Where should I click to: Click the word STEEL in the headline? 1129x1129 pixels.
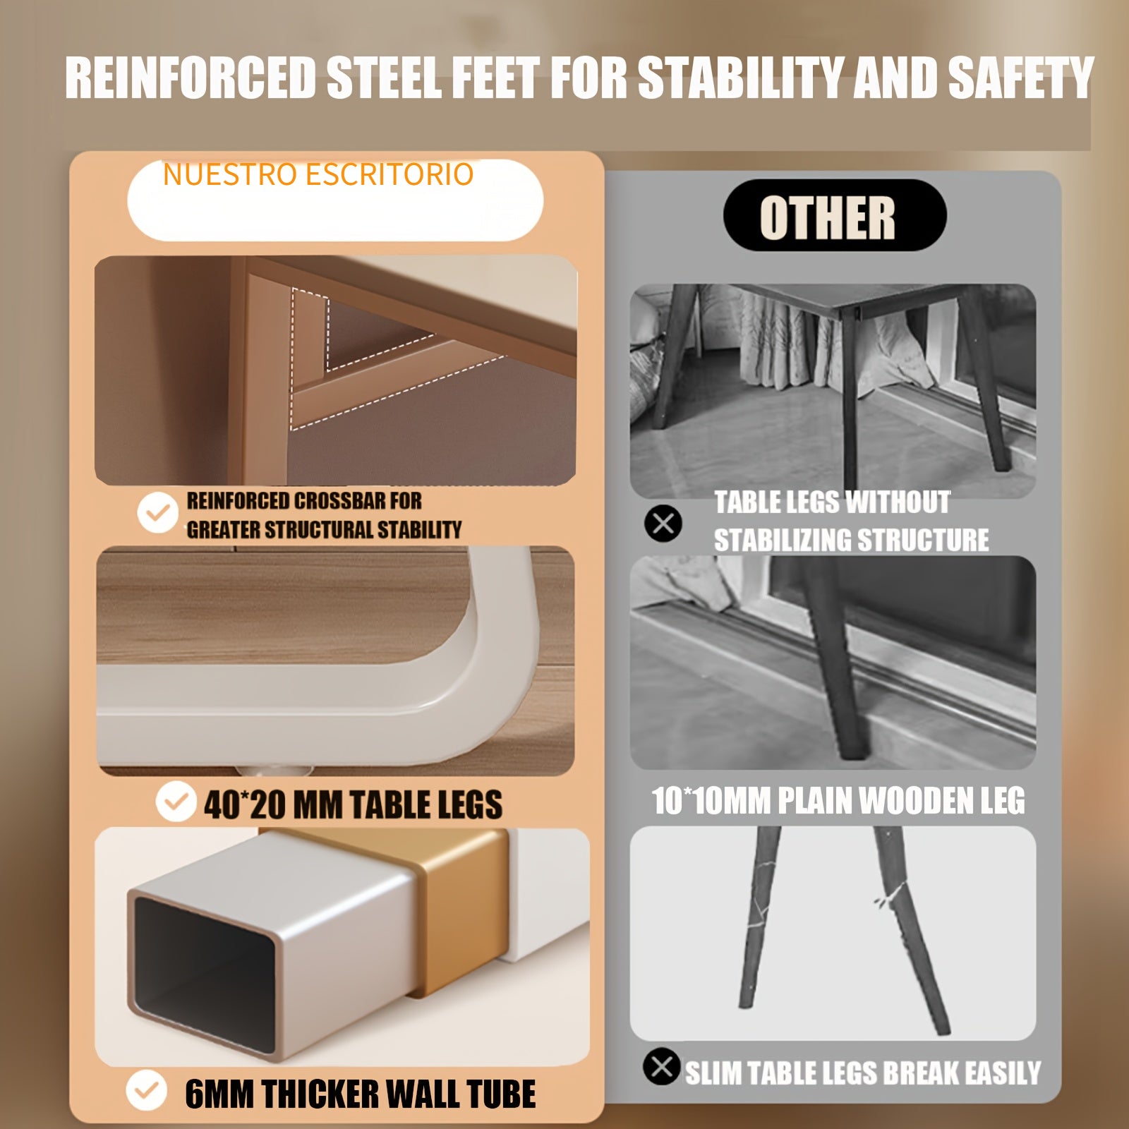(385, 77)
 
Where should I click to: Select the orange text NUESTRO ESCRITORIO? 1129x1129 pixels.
(318, 174)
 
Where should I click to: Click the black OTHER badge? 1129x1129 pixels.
(835, 215)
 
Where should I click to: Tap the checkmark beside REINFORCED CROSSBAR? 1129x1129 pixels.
(157, 512)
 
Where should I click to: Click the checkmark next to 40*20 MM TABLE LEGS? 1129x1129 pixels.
(175, 802)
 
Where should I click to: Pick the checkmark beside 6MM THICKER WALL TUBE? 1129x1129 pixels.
(146, 1090)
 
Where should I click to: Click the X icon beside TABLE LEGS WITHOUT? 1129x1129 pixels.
(663, 524)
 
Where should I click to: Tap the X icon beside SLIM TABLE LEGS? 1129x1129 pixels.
(661, 1067)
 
